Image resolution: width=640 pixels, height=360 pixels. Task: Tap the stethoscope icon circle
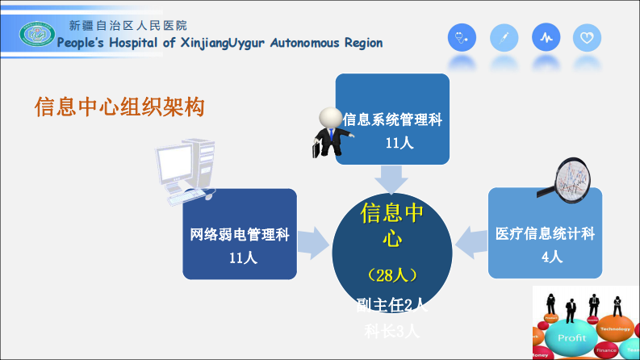coord(462,37)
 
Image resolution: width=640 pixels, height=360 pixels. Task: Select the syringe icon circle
coord(504,37)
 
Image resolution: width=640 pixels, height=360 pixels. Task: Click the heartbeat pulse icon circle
coord(546,37)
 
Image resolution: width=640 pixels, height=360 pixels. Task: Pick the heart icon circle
coord(587,37)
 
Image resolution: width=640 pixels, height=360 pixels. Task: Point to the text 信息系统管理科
coord(392,119)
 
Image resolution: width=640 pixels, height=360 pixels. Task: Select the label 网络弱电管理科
coord(240,235)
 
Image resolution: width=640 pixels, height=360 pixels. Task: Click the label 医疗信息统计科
coord(545,234)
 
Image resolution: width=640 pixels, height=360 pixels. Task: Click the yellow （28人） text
coord(391,275)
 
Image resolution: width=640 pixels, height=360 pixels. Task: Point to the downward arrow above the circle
coord(392,179)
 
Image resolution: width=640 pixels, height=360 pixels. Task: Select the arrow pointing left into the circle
coord(471,240)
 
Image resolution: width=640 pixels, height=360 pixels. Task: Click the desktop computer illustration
coord(185,170)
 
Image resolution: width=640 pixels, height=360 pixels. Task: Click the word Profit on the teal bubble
coord(572,338)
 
